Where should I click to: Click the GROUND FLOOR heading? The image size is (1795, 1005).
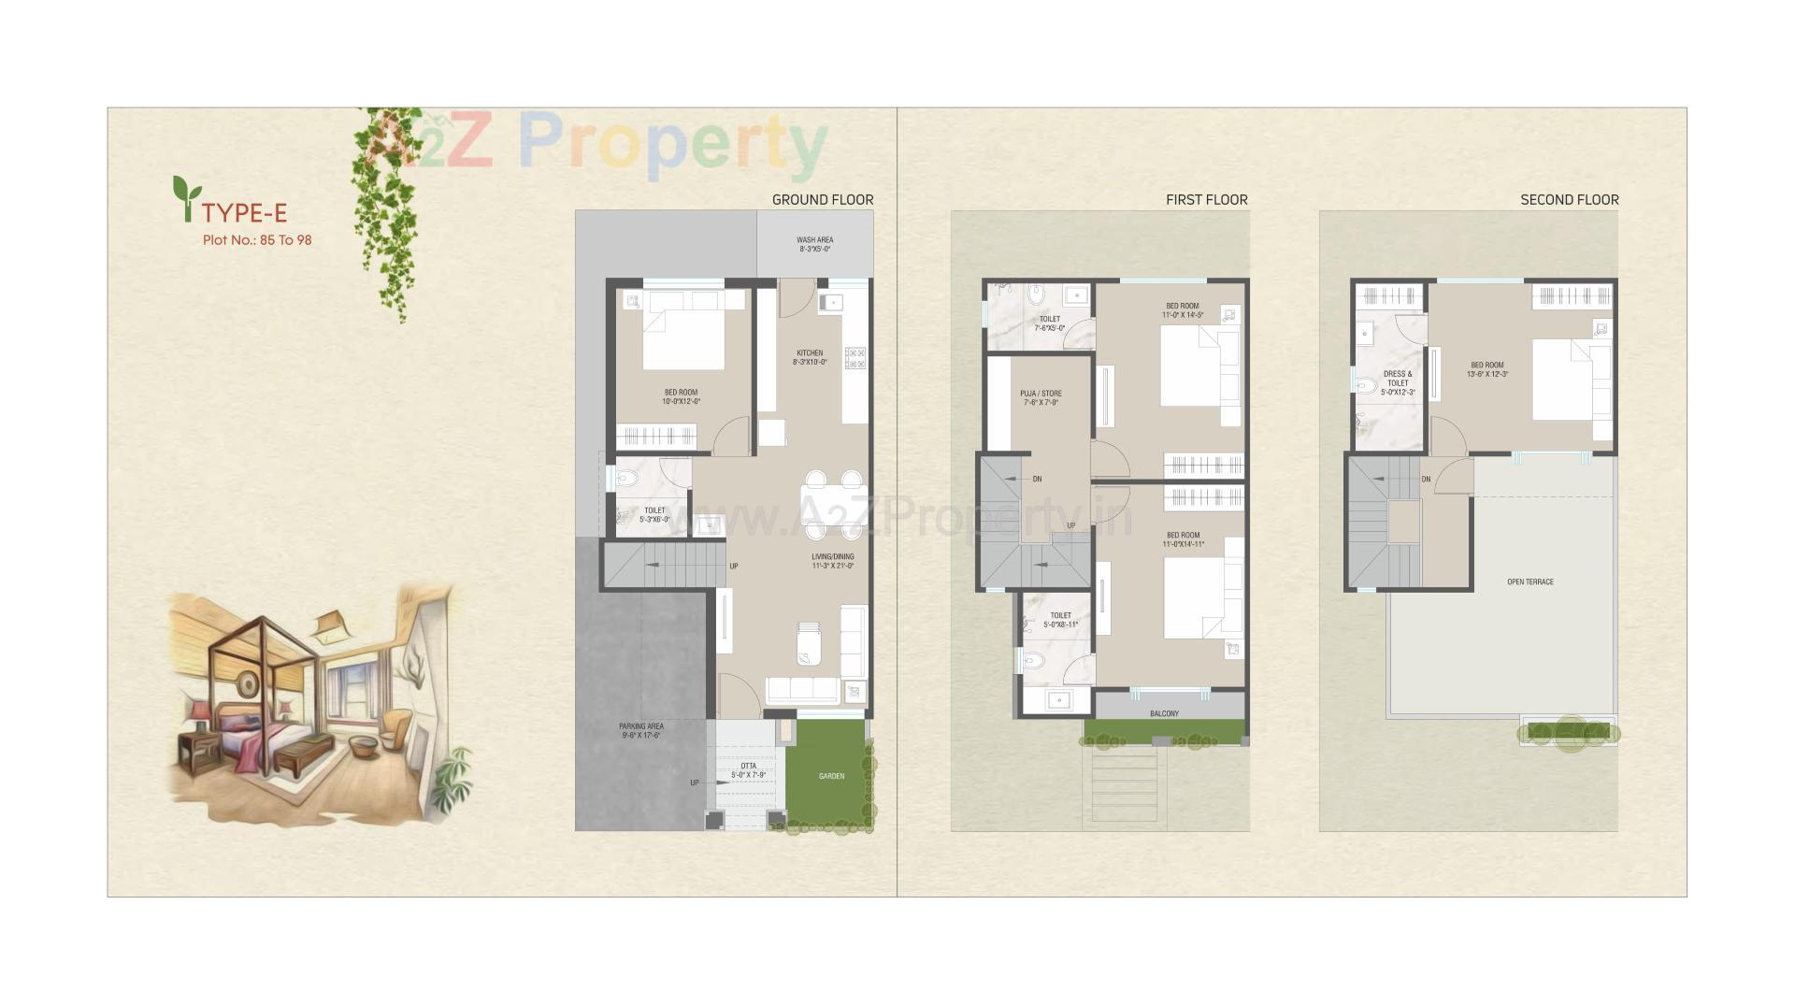[822, 199]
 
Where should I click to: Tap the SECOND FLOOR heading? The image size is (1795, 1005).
[1569, 199]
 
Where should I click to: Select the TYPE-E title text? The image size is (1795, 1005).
[244, 213]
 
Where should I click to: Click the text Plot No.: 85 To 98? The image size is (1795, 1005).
[257, 240]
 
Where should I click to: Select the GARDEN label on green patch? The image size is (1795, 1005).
[831, 776]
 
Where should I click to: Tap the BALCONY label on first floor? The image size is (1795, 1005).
[1164, 713]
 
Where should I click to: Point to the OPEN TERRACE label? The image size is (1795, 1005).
[1529, 581]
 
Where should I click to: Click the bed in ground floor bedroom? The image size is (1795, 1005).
[682, 337]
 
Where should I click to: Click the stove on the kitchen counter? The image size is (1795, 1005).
[854, 357]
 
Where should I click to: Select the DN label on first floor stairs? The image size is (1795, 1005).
[1037, 479]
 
